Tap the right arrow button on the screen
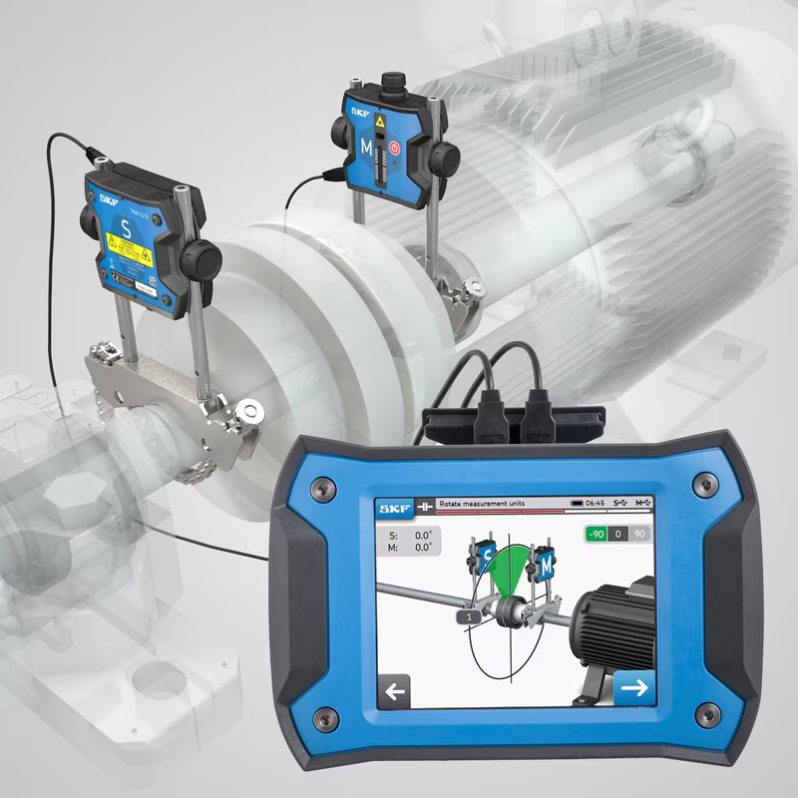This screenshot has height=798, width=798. pos(632,687)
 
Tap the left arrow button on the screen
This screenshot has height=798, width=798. pos(396,690)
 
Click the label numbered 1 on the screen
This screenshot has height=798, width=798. pos(463,617)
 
